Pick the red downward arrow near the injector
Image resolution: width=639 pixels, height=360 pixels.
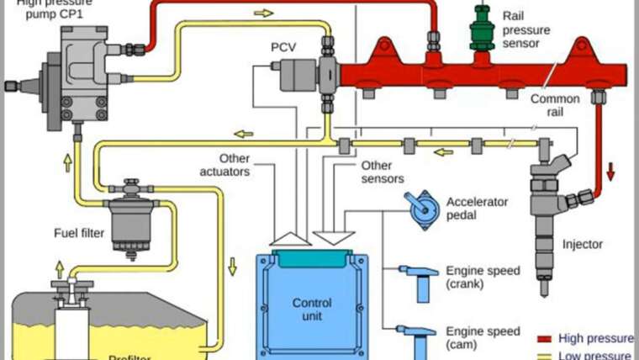[610, 173]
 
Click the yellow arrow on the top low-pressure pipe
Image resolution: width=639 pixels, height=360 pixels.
[263, 14]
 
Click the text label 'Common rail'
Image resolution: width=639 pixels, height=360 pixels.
[555, 104]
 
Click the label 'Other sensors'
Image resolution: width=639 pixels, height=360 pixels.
[383, 172]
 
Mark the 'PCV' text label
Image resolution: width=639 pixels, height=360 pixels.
[283, 46]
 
